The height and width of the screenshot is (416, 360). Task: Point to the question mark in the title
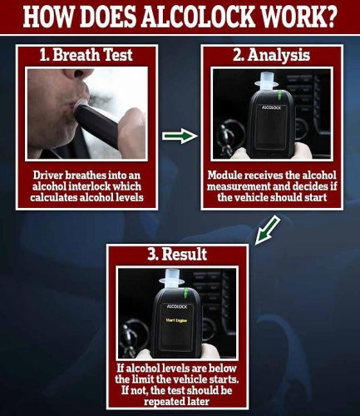point(338,17)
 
